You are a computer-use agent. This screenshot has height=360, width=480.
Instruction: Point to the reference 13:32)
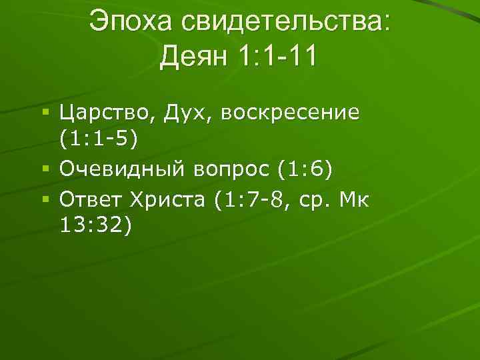point(97,225)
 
